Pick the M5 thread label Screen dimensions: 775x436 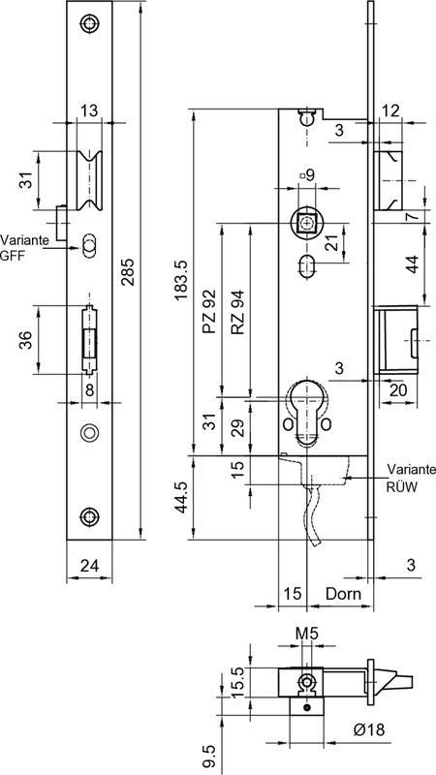click(305, 635)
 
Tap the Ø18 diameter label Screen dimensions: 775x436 click(344, 728)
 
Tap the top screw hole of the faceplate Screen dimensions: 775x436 click(89, 24)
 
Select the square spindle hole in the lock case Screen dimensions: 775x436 click(307, 223)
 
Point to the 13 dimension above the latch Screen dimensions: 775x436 click(89, 112)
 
